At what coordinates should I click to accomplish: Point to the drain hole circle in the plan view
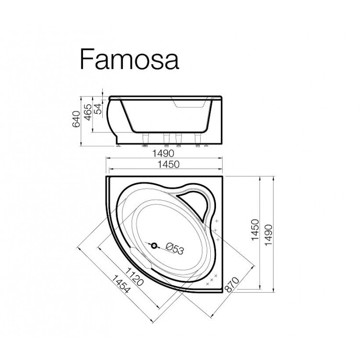click(x=155, y=246)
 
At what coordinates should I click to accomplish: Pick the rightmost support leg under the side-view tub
click(x=196, y=139)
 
